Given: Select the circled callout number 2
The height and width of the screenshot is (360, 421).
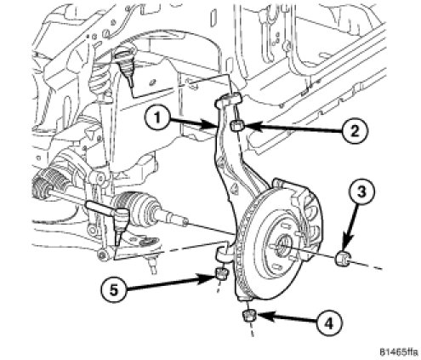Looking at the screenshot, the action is [355, 131].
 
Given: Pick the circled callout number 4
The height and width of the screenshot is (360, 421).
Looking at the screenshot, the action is [329, 323].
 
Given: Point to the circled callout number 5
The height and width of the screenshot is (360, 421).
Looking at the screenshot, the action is [114, 290].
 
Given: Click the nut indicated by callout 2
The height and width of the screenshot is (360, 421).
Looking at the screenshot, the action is [236, 125].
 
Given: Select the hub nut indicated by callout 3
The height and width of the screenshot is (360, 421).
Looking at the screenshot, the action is [343, 258].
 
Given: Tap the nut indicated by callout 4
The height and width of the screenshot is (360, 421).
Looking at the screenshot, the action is [248, 315].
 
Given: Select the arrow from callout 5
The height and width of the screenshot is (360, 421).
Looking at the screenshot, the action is [171, 284].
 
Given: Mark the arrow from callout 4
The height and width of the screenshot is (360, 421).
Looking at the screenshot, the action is [286, 317].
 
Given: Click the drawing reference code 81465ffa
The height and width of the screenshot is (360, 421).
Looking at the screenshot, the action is [398, 352].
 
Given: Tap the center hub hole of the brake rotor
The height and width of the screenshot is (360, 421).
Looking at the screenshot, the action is [283, 244].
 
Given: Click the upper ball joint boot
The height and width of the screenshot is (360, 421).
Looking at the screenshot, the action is [126, 61].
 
